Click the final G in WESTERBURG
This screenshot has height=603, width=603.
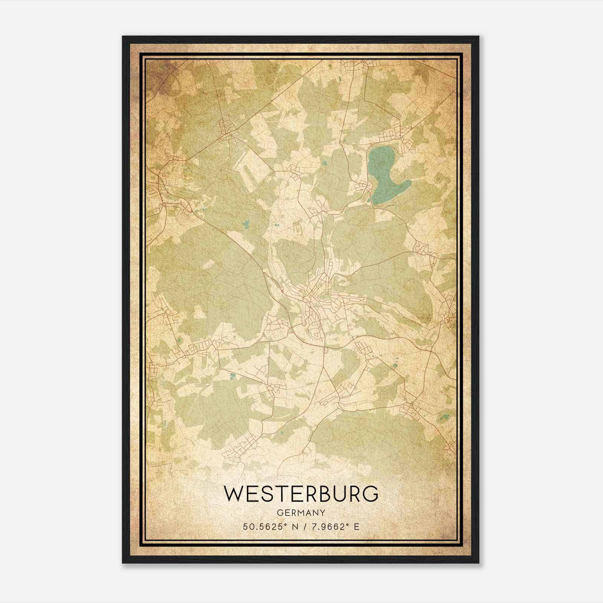click(x=371, y=494)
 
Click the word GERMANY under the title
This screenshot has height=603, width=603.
click(x=301, y=513)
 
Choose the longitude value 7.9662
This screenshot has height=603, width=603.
click(x=328, y=526)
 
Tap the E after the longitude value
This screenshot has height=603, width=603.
click(x=357, y=526)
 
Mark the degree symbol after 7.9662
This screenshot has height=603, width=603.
click(x=348, y=525)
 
